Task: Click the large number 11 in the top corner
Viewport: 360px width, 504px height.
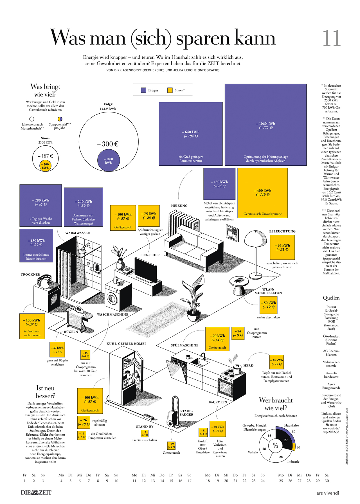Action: (332, 39)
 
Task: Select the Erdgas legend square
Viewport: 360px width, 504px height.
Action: (143, 90)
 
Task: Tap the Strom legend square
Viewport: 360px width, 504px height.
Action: (170, 90)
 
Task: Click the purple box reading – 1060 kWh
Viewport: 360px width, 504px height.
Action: (265, 125)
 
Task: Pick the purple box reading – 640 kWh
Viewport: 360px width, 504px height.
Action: (191, 134)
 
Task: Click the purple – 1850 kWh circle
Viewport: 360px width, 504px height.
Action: (109, 161)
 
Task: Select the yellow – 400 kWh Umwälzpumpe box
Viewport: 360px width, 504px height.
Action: (263, 193)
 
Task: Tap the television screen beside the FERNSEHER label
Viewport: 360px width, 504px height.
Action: (145, 270)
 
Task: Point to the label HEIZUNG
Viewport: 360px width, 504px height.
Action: (179, 206)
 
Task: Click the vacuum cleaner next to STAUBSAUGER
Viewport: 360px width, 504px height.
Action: (173, 412)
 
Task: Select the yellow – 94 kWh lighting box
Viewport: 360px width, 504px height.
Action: (282, 247)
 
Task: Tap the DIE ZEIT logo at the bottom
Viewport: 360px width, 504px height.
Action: (36, 492)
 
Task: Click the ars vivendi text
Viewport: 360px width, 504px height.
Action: (328, 493)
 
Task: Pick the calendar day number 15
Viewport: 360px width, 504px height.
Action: (171, 481)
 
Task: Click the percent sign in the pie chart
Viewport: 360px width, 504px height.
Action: (275, 445)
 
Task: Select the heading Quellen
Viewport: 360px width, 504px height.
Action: (331, 298)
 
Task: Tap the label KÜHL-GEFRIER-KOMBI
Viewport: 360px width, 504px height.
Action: (126, 343)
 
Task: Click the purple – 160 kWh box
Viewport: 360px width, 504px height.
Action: (219, 184)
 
